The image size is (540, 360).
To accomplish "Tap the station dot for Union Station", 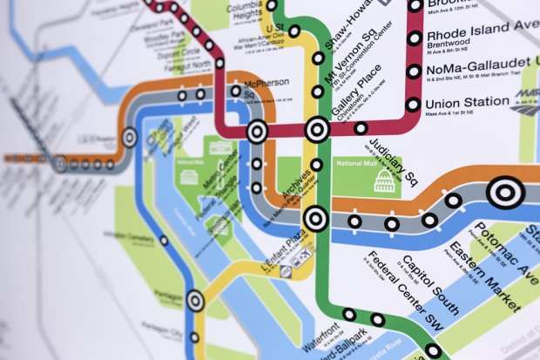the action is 414,105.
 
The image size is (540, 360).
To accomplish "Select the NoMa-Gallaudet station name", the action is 477,67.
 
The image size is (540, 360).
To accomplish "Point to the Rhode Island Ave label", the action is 481,37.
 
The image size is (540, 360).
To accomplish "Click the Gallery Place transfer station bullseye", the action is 316,130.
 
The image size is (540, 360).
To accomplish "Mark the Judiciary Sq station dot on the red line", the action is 361,128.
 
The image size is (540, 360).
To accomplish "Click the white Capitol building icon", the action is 383,180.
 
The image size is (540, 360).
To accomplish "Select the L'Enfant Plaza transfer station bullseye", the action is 315,218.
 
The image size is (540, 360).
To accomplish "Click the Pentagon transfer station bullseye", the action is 195,301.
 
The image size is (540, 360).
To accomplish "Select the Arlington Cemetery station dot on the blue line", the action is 164,241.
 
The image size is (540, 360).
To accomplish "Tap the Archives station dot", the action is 316,164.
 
